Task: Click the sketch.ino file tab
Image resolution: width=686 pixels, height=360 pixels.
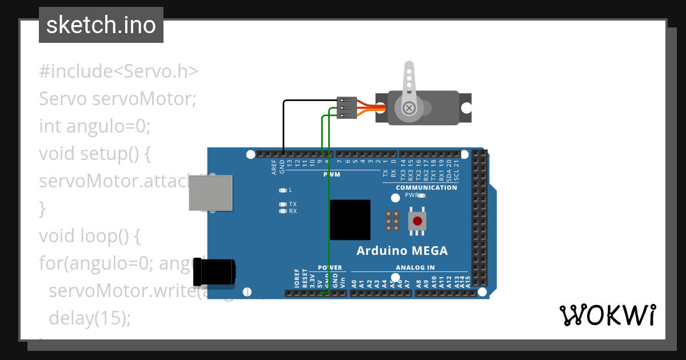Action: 101,26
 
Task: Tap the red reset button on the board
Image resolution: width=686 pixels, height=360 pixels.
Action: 417,221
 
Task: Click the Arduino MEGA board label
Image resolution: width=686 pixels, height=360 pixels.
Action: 402,251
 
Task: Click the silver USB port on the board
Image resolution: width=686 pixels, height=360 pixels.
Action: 211,193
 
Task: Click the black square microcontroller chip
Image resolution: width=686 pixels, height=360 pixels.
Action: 350,219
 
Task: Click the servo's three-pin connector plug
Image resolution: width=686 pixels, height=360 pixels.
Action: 347,107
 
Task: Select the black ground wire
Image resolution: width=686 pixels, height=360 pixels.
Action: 284,126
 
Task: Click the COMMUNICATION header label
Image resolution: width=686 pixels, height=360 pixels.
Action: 426,187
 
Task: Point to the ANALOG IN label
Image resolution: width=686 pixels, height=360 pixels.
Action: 415,267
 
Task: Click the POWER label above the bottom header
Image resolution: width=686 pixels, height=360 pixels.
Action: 330,267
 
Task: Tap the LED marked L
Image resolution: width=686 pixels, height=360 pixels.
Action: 282,190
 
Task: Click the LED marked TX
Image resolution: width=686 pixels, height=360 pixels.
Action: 282,205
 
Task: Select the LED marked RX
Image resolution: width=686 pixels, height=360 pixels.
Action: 282,211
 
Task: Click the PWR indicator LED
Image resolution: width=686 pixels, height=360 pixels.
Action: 422,195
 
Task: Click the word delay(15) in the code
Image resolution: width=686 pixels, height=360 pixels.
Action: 90,318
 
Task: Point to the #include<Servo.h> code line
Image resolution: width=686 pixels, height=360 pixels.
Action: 119,71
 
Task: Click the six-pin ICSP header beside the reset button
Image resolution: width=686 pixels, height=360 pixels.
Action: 392,221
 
